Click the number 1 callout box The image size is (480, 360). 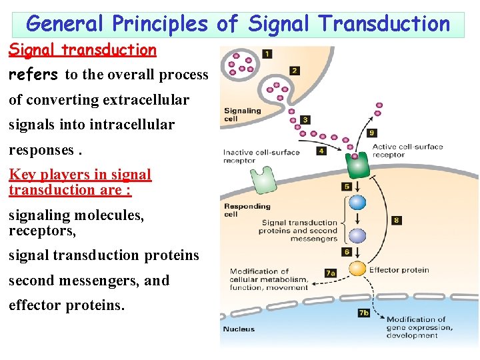pyautogui.click(x=267, y=54)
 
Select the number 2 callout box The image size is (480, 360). pyautogui.click(x=294, y=71)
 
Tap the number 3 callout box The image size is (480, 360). pyautogui.click(x=305, y=120)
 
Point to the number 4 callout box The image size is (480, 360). pyautogui.click(x=321, y=151)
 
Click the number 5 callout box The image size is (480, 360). pyautogui.click(x=347, y=187)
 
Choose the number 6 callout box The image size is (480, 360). pyautogui.click(x=347, y=252)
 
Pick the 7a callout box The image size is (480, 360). pyautogui.click(x=330, y=273)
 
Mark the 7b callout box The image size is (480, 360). pyautogui.click(x=363, y=312)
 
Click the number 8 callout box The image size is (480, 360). pyautogui.click(x=397, y=220)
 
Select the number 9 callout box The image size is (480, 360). pyautogui.click(x=372, y=133)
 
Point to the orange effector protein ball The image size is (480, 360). pyautogui.click(x=358, y=269)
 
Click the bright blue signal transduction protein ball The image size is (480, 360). pyautogui.click(x=358, y=203)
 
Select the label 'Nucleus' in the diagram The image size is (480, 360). pyautogui.click(x=239, y=329)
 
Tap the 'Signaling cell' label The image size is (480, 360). pyautogui.click(x=242, y=115)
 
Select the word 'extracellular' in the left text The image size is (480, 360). pyautogui.click(x=145, y=100)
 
